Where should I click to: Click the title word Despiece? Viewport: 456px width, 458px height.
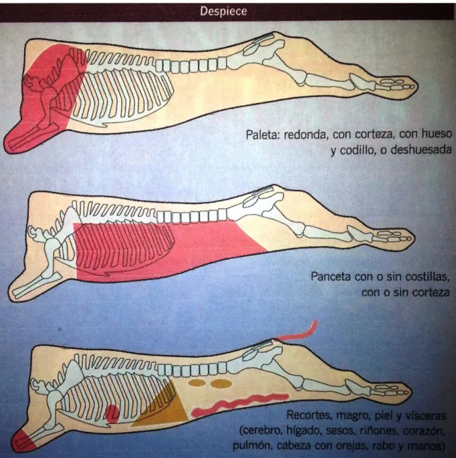(x=223, y=11)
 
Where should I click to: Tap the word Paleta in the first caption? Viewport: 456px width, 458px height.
(x=261, y=134)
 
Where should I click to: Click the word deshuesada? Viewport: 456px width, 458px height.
(x=421, y=150)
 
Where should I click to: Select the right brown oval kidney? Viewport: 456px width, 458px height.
(x=222, y=384)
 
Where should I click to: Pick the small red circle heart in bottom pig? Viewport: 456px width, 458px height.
(x=112, y=414)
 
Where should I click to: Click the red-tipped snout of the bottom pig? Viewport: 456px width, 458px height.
(x=24, y=442)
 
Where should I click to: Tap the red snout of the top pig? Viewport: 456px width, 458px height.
(x=20, y=137)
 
